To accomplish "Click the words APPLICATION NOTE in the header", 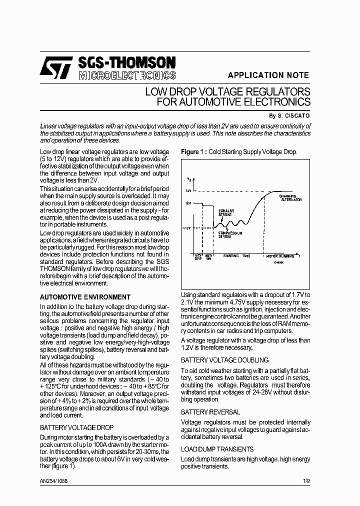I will (268, 75).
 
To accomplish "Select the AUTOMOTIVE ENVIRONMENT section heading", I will (85, 297).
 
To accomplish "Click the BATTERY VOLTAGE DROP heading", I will (76, 427).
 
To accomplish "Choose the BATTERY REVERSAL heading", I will (210, 412).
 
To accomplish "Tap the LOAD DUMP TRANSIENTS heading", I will (217, 449).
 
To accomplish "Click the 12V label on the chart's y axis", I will (187, 203).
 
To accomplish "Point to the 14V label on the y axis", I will (188, 191).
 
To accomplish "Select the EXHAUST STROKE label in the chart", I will (226, 212).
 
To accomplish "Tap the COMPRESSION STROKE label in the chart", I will (230, 234).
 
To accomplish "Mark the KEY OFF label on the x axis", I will (198, 257).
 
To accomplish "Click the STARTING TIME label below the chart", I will (236, 255).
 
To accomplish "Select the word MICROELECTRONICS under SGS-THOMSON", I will (127, 75).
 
